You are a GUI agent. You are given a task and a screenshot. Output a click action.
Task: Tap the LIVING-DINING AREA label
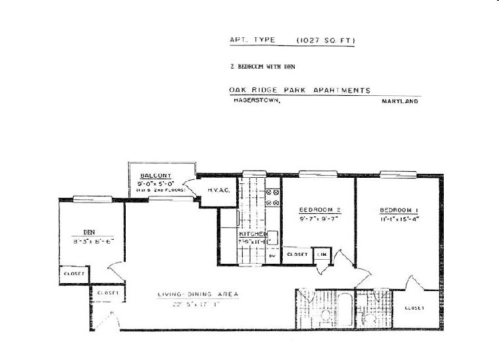(198, 294)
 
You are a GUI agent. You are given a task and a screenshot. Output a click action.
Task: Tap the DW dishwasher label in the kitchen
(271, 256)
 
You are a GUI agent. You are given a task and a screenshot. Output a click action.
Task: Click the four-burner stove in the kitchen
(273, 198)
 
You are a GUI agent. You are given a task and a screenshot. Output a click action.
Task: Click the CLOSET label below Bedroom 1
(415, 308)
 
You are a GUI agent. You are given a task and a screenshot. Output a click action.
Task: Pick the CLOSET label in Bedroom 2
(297, 254)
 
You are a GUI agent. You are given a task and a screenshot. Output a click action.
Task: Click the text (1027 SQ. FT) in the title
(325, 41)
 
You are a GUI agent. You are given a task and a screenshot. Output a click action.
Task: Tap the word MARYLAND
(400, 101)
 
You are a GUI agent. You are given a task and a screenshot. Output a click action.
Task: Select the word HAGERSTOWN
(256, 101)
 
